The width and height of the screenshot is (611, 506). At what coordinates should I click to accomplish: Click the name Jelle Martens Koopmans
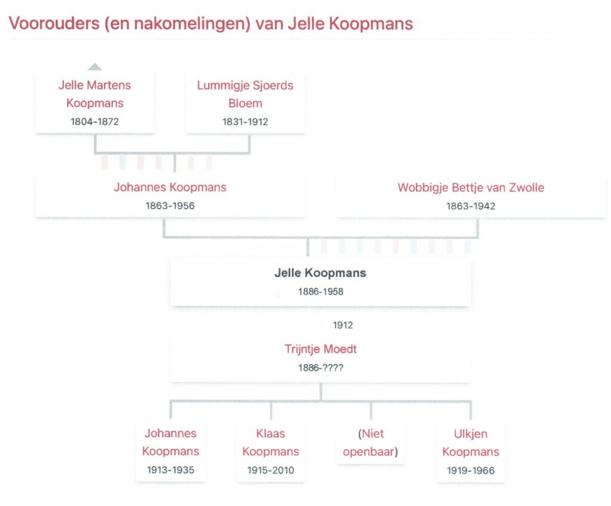point(95,94)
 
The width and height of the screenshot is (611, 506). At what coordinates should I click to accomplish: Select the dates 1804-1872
point(95,122)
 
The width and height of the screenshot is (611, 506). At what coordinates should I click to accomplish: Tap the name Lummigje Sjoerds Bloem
point(245,94)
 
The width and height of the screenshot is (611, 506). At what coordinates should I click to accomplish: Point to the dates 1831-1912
point(245,122)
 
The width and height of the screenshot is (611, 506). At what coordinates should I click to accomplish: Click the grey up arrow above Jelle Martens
point(95,67)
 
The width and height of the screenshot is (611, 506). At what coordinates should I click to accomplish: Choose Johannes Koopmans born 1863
point(170,187)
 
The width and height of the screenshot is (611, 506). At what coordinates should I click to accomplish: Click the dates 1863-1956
point(170,206)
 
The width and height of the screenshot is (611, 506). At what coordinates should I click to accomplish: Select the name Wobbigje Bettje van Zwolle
point(471,188)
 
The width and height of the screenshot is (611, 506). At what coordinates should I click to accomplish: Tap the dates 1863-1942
point(471,206)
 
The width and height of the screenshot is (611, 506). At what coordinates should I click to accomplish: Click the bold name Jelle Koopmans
point(320,273)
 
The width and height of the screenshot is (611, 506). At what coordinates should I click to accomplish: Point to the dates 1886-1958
point(320,291)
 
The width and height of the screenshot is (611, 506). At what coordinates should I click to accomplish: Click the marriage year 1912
point(343,325)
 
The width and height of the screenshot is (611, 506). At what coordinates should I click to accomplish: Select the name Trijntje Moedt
point(320,349)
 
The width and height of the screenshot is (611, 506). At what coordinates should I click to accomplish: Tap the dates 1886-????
point(320,368)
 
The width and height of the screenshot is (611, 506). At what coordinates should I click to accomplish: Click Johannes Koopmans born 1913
point(171,442)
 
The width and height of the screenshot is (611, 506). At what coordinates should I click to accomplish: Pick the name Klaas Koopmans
point(270,443)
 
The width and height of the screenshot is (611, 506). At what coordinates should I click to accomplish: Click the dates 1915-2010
point(270,470)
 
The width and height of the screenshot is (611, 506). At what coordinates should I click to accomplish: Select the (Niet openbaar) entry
point(371,443)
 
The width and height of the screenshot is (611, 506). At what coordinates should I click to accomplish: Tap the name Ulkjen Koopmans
point(471,443)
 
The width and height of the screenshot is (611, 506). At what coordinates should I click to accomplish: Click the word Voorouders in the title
point(54,23)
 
